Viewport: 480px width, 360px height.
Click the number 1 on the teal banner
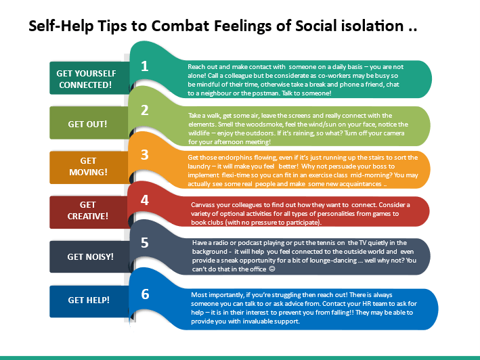pyautogui.click(x=144, y=66)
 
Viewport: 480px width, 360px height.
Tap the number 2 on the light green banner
pyautogui.click(x=144, y=110)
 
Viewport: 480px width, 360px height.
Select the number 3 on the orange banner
pyautogui.click(x=144, y=155)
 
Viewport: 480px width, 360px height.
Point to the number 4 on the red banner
pyautogui.click(x=144, y=200)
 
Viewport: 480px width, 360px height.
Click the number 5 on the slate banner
pyautogui.click(x=144, y=243)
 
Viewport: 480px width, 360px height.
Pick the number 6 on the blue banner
pyautogui.click(x=145, y=294)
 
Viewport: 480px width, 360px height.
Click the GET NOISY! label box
pyautogui.click(x=89, y=256)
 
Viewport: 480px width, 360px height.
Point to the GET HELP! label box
pyautogui.click(x=89, y=301)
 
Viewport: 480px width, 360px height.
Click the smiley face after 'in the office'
pyautogui.click(x=272, y=269)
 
